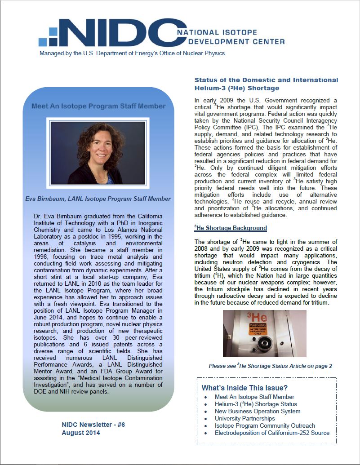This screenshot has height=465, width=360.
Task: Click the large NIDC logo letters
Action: tap(117, 34)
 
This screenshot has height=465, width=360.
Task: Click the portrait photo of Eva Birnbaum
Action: tap(98, 153)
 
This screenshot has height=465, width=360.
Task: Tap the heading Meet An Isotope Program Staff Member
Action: tap(98, 106)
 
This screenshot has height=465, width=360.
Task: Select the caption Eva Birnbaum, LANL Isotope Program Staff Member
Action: tap(98, 199)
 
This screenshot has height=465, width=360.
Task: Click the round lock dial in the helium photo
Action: tap(263, 346)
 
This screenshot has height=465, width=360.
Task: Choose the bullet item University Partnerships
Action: tap(245, 418)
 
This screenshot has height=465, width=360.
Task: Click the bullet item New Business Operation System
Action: tap(258, 411)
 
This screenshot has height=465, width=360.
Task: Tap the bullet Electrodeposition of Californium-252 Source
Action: tap(272, 433)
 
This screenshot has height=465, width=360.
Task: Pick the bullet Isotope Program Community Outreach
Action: tap(265, 425)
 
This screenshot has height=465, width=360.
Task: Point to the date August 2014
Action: tap(81, 433)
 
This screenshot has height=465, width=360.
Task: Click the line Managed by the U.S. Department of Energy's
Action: tap(132, 53)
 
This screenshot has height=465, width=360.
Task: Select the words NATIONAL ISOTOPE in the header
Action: tap(217, 33)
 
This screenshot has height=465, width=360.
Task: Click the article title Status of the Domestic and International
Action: tap(266, 80)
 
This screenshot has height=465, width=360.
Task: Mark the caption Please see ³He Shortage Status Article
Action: tap(270, 366)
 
